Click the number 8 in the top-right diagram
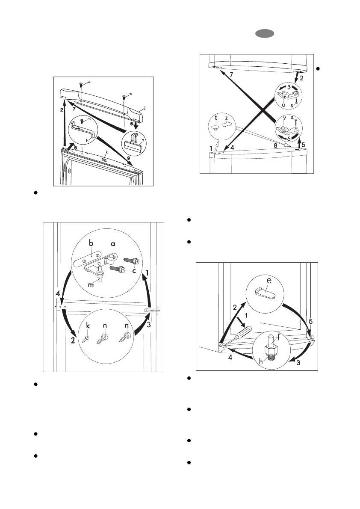point(275,145)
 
